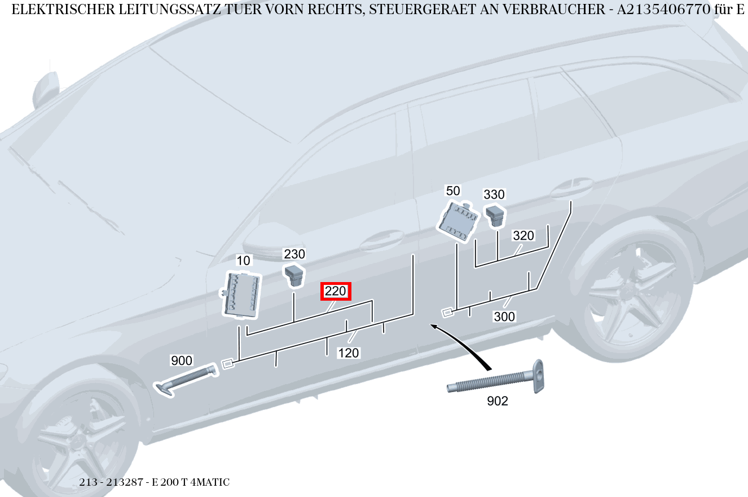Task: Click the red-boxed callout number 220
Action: (336, 292)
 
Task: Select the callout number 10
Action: (243, 261)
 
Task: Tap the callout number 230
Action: (294, 254)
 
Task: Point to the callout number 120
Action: (348, 353)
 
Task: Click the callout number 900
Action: (182, 360)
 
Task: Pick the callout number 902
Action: (497, 401)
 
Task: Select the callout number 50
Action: (453, 191)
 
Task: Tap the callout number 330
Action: (494, 195)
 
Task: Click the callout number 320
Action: (523, 236)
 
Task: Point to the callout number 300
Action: (504, 317)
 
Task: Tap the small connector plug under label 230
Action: (294, 274)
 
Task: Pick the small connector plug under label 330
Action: (495, 215)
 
